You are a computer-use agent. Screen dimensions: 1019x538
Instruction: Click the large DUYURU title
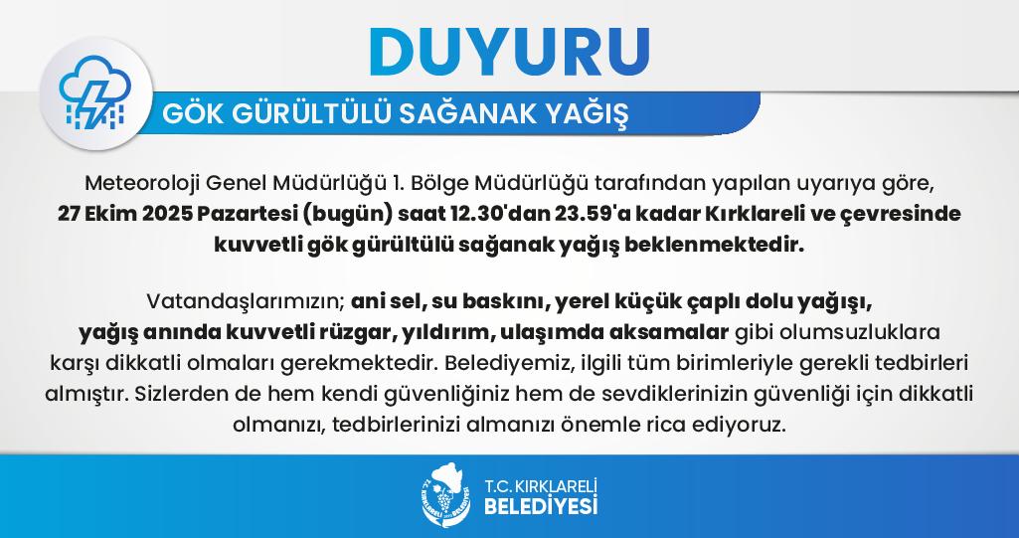509,51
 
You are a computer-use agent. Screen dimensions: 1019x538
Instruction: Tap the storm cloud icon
94,92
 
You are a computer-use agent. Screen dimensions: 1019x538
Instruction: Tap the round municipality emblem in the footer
445,494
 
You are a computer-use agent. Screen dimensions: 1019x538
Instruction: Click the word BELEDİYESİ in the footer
541,505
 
